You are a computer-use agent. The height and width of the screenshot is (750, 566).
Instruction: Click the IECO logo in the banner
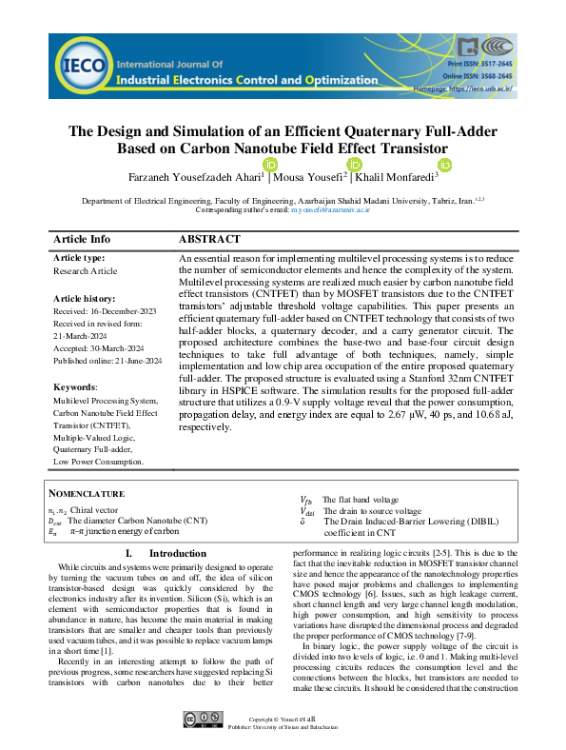coord(81,65)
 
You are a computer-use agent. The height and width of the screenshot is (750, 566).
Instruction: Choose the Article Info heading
coord(82,239)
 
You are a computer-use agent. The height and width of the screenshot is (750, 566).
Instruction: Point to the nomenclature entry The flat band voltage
coord(360,499)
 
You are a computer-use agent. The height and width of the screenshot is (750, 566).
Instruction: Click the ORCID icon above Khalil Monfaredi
coord(444,165)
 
